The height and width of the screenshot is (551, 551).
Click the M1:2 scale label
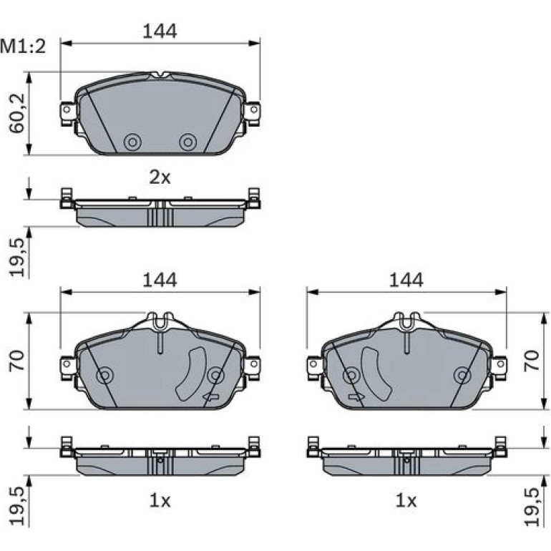23,47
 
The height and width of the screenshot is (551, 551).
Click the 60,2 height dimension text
17,113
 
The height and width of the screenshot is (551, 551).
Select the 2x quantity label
160,177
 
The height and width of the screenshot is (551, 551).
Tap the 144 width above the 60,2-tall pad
160,31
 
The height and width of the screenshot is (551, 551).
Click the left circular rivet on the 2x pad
133,142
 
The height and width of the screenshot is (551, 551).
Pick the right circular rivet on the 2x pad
188,142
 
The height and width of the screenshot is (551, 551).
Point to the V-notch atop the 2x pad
160,74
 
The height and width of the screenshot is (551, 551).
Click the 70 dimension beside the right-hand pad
531,361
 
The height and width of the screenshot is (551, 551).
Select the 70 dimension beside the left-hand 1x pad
17,361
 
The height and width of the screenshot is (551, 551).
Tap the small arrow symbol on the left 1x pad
210,396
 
